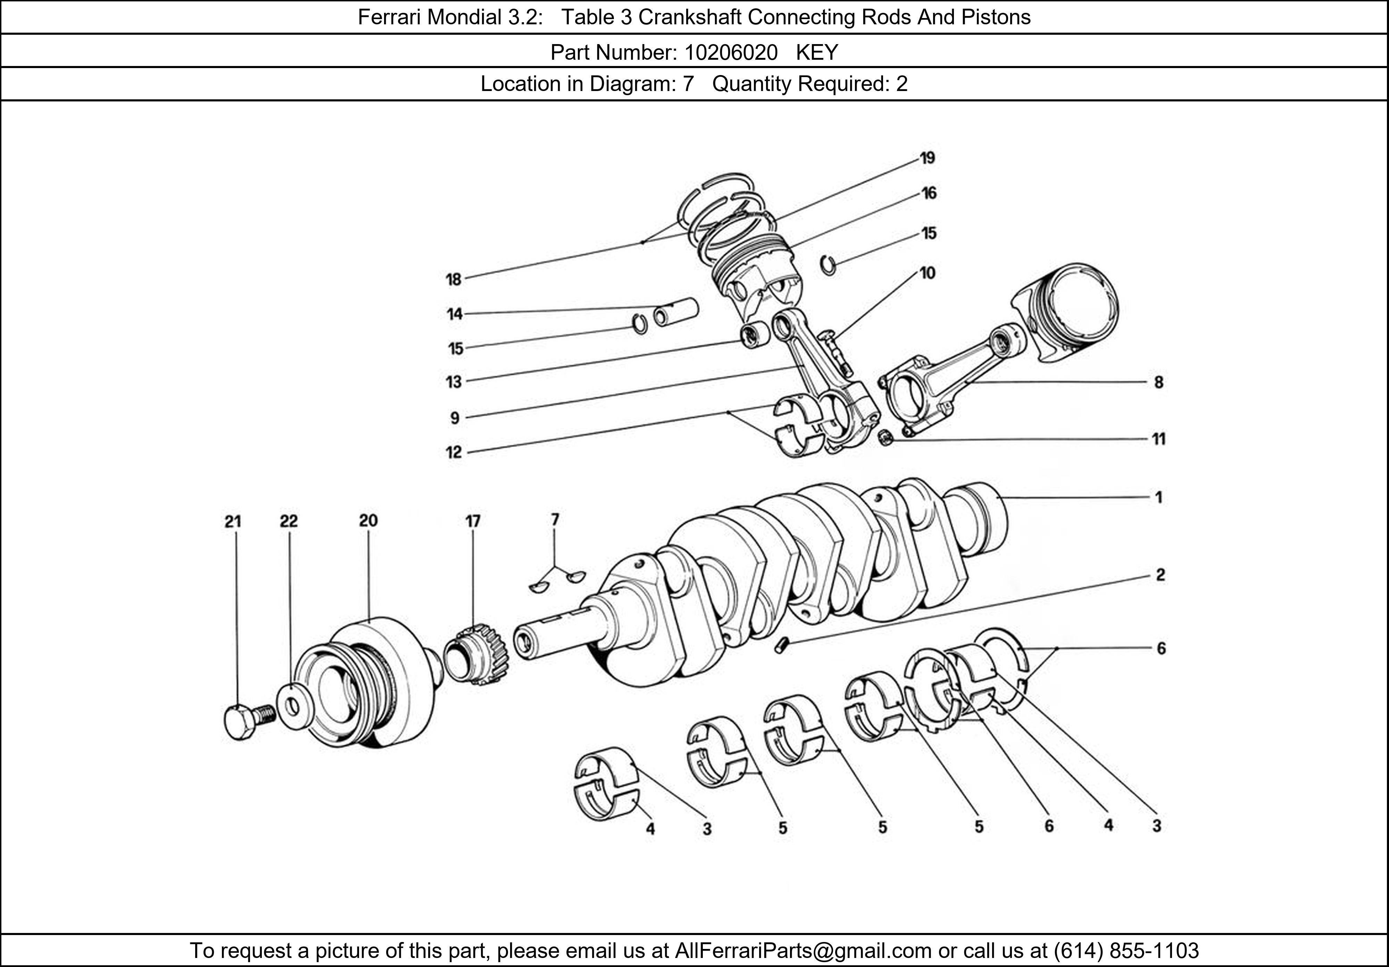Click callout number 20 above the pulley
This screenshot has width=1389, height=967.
click(x=368, y=520)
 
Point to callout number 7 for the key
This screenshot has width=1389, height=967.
click(x=555, y=519)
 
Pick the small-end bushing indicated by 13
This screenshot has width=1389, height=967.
click(x=754, y=335)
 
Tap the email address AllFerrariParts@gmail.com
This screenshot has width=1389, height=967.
click(x=803, y=951)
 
